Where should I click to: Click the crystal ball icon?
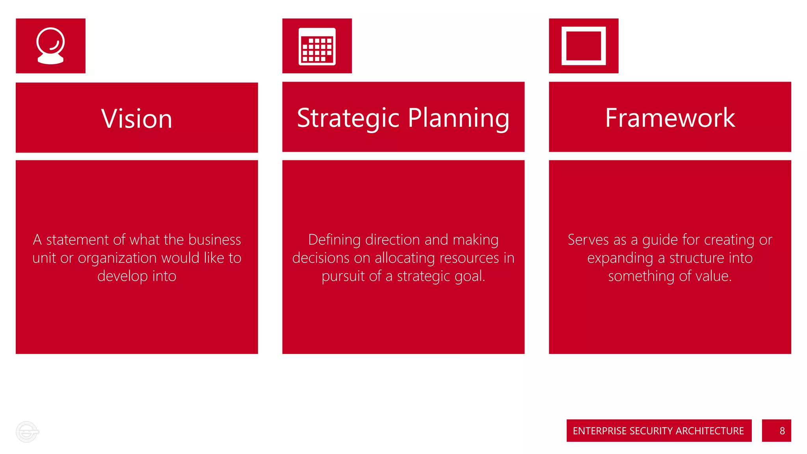tap(50, 46)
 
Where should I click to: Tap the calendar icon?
tap(317, 46)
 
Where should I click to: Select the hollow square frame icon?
tap(583, 46)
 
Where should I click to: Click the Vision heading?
tap(137, 119)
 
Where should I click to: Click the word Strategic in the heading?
tap(348, 118)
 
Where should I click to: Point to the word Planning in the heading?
tap(459, 118)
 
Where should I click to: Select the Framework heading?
tap(670, 117)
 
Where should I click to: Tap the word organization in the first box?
tap(117, 259)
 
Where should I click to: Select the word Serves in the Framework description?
tap(588, 240)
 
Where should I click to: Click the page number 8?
tap(782, 431)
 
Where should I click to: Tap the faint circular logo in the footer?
tap(27, 432)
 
